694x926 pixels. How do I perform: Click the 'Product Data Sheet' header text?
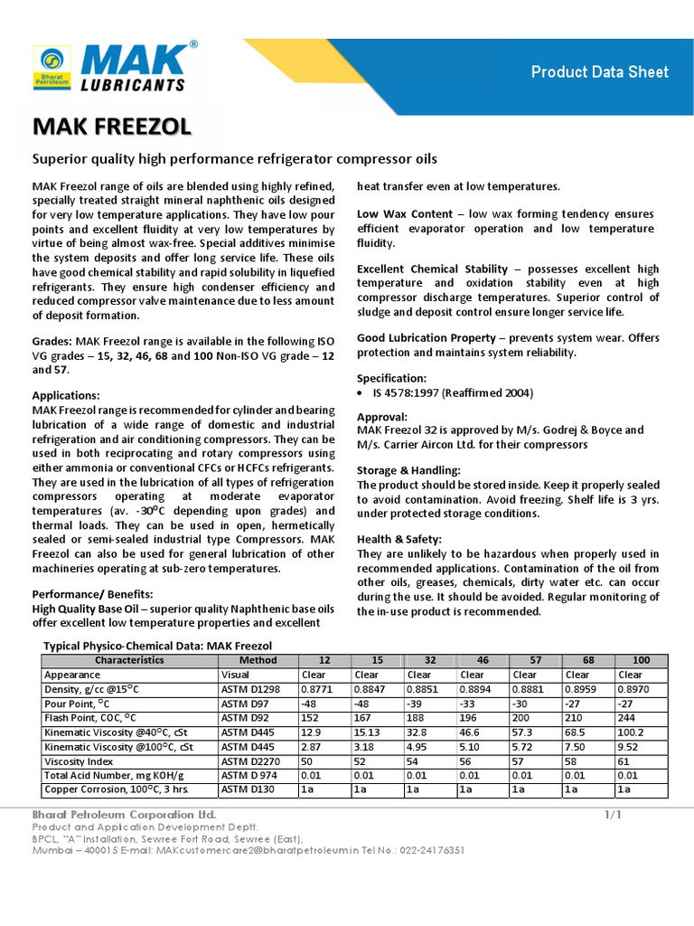[599, 71]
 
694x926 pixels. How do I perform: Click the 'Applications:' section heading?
[66, 395]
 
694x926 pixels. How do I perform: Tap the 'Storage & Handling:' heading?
[408, 470]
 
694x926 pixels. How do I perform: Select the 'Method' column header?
[258, 660]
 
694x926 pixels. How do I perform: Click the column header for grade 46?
[482, 660]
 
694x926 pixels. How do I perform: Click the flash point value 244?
[627, 718]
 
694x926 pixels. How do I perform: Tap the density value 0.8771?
[316, 689]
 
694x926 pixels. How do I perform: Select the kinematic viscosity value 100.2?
[631, 732]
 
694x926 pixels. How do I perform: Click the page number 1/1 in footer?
[613, 815]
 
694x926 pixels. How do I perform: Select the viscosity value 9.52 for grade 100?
[628, 747]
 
